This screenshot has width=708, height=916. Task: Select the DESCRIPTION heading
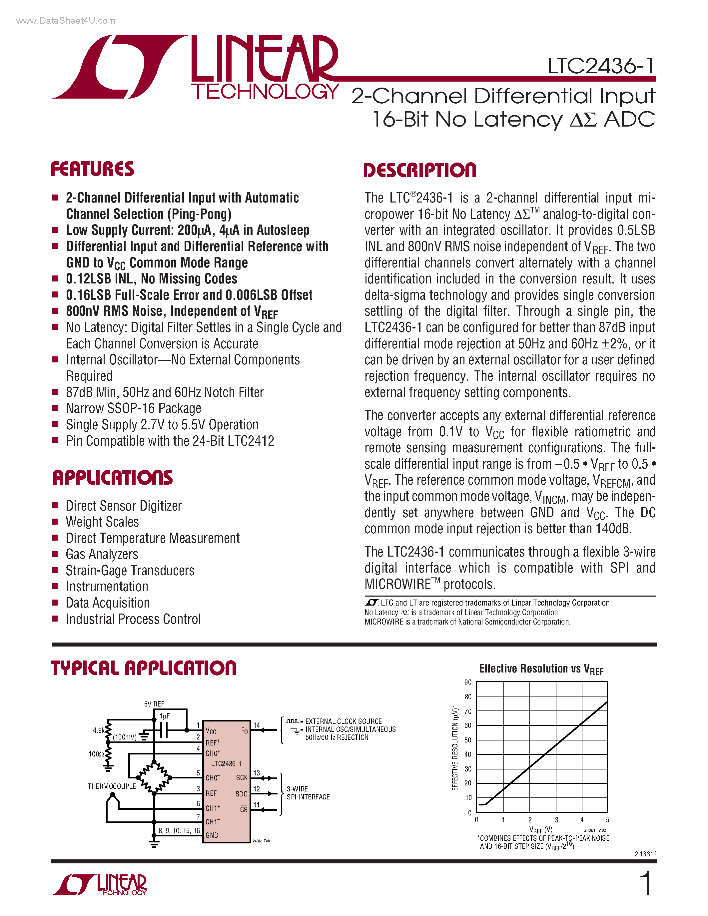pos(419,170)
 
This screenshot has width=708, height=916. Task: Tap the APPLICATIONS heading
pos(112,478)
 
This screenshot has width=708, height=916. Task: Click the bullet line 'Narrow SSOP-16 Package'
pos(133,408)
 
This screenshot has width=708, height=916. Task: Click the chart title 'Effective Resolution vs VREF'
pos(541,669)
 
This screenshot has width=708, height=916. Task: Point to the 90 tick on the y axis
pos(468,683)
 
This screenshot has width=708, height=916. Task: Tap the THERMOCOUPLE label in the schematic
pos(112,786)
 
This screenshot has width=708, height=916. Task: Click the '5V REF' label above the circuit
pos(154,704)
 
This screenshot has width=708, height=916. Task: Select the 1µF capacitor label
pos(164,716)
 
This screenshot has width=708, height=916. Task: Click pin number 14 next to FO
pos(256,725)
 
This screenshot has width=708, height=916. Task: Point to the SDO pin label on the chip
pos(241,794)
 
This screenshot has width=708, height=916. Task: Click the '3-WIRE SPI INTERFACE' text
pos(308,793)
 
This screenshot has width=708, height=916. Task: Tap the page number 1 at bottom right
pos(646,884)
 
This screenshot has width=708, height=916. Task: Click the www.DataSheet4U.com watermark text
pos(66,21)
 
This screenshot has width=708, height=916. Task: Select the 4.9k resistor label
pos(99,730)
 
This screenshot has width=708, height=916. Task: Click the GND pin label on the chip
pos(212,835)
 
